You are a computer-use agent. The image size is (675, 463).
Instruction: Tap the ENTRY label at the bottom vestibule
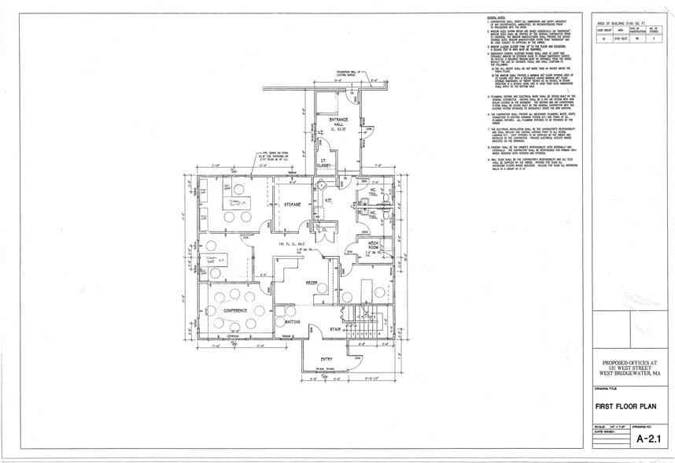click(326, 359)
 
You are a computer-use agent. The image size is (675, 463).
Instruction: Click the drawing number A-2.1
click(647, 438)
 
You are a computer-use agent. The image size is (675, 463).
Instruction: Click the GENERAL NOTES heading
click(496, 17)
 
